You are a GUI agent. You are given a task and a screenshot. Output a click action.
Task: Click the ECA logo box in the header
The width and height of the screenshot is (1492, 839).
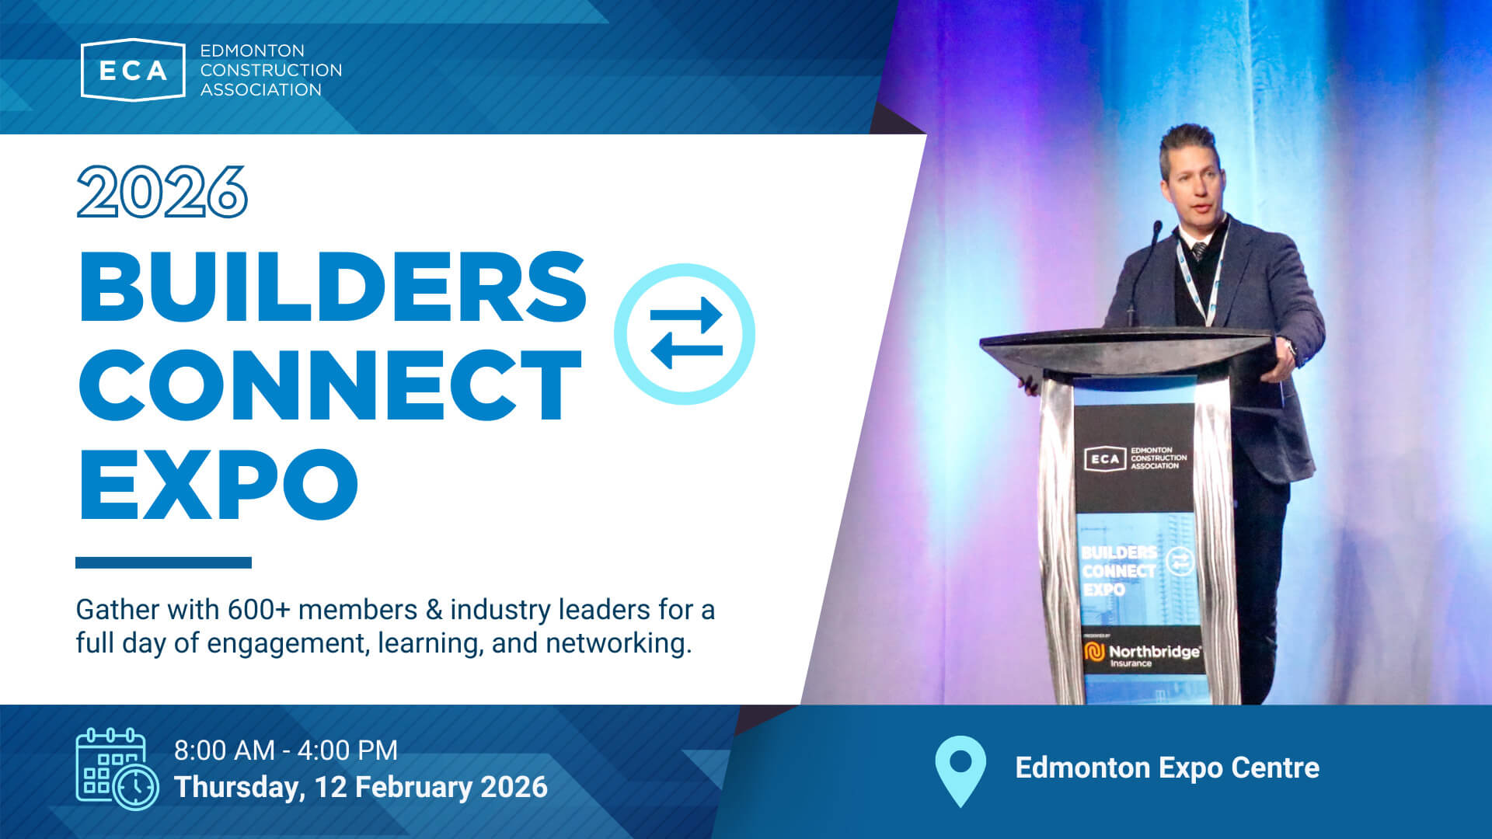tap(133, 69)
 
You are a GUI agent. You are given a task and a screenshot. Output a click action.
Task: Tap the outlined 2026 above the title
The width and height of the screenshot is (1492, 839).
tap(162, 192)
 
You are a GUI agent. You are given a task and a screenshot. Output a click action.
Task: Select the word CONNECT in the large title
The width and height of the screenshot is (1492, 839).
tap(330, 385)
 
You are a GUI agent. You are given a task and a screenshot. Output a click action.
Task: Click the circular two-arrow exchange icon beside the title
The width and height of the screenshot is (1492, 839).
tap(685, 334)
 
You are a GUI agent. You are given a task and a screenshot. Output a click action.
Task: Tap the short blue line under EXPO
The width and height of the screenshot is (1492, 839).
tap(163, 562)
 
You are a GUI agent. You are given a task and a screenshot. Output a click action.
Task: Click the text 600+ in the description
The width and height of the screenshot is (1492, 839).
tap(259, 610)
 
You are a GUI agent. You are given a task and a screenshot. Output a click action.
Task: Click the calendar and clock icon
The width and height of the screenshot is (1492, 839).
tap(117, 769)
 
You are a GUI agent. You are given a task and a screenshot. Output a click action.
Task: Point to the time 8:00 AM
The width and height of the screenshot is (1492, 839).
tap(224, 750)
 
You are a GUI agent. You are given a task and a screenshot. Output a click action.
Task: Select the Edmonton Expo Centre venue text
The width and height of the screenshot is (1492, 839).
tap(1167, 768)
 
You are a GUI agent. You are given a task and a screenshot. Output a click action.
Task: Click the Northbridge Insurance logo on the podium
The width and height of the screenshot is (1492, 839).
tap(1142, 654)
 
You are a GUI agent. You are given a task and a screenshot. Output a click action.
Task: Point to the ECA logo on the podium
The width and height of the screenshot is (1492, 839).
tap(1135, 458)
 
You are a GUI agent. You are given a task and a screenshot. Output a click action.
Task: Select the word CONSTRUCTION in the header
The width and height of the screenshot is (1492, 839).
tap(271, 70)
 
